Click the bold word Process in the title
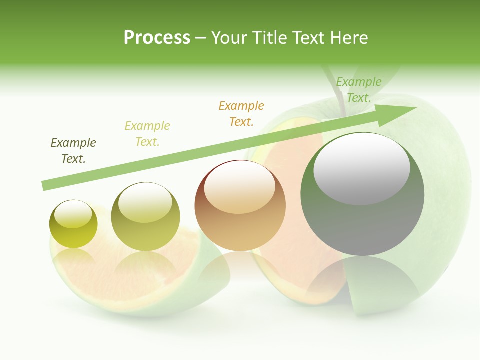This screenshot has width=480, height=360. (157, 37)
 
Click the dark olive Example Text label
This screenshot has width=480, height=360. (73, 151)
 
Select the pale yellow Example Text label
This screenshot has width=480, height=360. (147, 134)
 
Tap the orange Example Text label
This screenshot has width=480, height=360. (241, 113)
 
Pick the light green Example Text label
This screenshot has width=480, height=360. (358, 90)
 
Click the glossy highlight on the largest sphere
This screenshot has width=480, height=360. (361, 168)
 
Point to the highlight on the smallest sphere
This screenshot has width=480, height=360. (73, 214)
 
